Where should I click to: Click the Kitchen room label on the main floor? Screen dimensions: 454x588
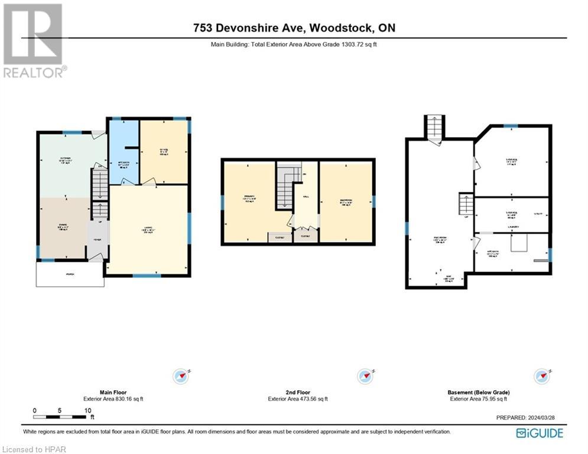click(64, 159)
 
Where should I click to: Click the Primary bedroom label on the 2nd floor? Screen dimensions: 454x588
click(248, 199)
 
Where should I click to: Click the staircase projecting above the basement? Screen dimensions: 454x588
click(434, 127)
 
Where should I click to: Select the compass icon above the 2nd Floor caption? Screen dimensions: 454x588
click(364, 375)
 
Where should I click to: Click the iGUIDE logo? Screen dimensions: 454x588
click(539, 433)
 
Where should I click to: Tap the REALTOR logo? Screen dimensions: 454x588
click(33, 40)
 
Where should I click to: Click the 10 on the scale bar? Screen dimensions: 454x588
click(87, 410)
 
